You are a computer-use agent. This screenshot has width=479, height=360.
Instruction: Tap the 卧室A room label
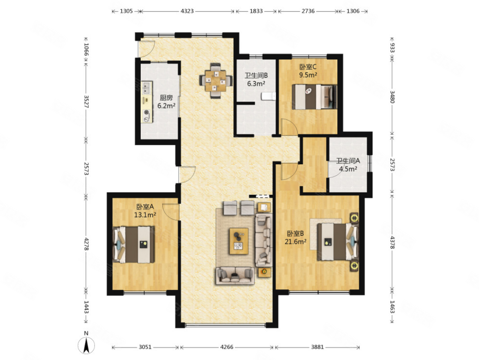[145, 207]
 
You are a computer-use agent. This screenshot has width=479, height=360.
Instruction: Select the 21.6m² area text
[296, 241]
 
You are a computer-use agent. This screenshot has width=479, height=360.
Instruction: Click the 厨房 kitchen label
[166, 98]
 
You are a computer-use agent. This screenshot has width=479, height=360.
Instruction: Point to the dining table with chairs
[216, 81]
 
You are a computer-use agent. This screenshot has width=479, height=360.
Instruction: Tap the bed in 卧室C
[314, 96]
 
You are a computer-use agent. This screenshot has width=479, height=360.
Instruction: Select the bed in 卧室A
[133, 245]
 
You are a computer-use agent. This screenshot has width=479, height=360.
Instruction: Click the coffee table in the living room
[239, 241]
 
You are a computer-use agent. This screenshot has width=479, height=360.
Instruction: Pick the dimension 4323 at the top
[187, 11]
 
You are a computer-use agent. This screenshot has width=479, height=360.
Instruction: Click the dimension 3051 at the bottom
[145, 347]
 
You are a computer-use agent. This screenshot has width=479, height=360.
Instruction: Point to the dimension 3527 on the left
[86, 102]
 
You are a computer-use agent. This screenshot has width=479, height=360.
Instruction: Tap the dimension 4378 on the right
[393, 242]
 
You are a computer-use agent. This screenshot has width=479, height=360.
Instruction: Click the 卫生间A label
[348, 161]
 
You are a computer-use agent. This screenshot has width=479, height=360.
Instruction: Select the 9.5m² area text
[308, 75]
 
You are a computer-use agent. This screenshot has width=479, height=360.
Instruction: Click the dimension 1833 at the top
[256, 11]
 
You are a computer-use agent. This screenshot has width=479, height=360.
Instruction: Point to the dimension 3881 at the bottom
[317, 347]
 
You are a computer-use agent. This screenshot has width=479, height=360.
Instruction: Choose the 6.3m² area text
[256, 84]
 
